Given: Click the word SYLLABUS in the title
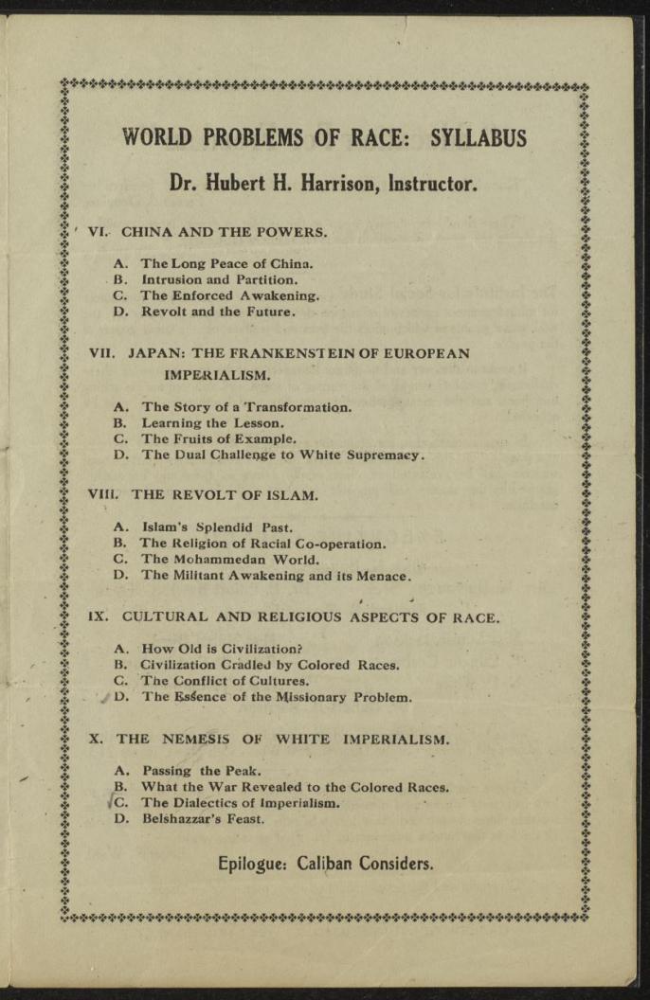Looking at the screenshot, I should (478, 137).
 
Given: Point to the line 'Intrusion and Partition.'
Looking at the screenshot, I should (220, 279).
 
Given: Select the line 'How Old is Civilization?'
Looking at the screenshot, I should (221, 650).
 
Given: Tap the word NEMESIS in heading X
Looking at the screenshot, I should (183, 739).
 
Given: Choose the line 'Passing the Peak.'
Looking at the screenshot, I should (193, 771).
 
